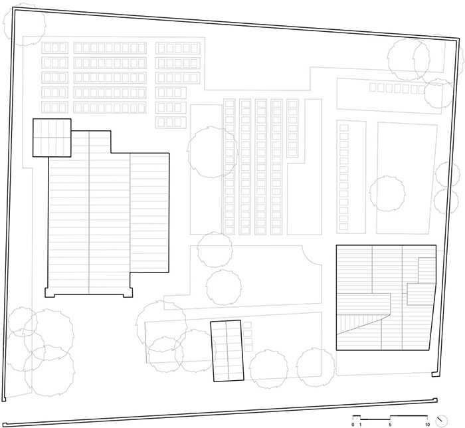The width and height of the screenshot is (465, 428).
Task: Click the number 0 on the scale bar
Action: click(x=353, y=425)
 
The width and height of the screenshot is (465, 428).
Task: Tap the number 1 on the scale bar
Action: click(x=360, y=425)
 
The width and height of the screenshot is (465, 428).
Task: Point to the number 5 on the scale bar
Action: click(x=390, y=425)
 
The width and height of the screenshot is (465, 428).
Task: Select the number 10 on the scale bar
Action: click(x=427, y=425)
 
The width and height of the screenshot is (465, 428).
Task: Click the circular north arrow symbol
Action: click(x=442, y=420)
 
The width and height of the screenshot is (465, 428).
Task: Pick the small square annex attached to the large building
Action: click(x=52, y=138)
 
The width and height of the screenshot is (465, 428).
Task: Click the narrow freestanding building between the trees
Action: click(x=227, y=351)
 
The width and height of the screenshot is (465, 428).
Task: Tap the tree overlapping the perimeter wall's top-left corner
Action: click(x=25, y=25)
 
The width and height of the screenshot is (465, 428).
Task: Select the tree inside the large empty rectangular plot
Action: click(x=387, y=193)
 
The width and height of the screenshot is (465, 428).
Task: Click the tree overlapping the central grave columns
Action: click(x=213, y=152)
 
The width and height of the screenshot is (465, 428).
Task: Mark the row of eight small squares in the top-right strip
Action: click(x=397, y=88)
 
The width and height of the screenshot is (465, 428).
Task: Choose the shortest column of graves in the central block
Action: click(x=292, y=128)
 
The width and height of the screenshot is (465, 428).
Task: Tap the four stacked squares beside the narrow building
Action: click(x=248, y=337)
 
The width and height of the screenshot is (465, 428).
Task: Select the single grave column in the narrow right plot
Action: click(x=343, y=177)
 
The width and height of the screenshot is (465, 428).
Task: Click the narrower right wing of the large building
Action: click(x=149, y=213)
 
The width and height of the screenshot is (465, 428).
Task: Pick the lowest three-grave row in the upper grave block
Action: click(x=171, y=122)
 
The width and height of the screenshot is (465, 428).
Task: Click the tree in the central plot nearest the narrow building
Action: click(x=224, y=287)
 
